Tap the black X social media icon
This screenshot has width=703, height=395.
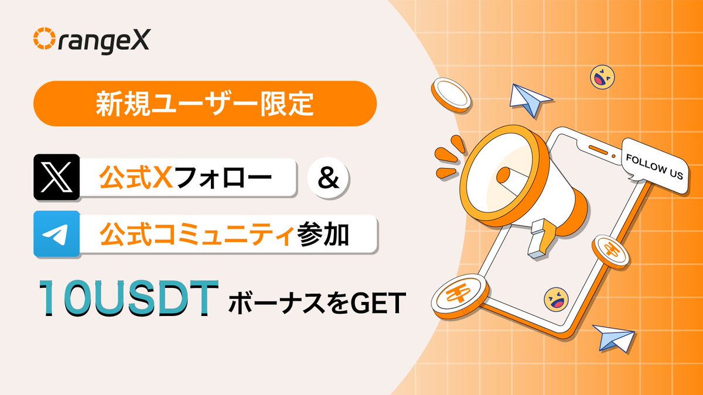(x=57, y=176)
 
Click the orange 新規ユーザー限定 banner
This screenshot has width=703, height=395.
(x=204, y=104)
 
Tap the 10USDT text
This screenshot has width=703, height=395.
(x=126, y=299)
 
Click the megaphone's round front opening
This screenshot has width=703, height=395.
(x=503, y=174)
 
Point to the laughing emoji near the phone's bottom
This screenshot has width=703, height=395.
(x=556, y=299)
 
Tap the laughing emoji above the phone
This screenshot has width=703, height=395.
(x=602, y=77)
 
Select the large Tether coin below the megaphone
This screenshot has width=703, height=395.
(x=459, y=294)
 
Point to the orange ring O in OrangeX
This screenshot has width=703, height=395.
(x=44, y=39)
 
